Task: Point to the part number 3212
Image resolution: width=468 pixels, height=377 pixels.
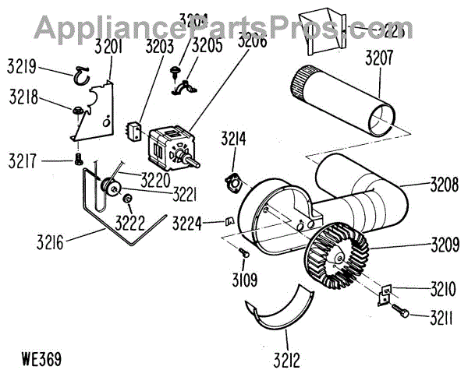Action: pos(286,360)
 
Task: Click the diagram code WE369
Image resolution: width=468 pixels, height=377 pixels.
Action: pos(43,359)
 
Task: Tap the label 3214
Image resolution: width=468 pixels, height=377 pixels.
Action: pos(233,140)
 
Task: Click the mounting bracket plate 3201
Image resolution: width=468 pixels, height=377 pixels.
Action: pos(95,109)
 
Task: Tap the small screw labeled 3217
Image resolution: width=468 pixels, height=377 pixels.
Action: pos(77,160)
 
